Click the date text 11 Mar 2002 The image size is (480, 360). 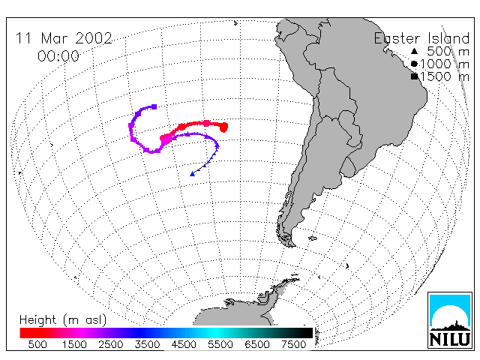[x=64, y=38]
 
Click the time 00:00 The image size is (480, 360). [x=58, y=56]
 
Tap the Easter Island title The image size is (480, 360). [x=421, y=38]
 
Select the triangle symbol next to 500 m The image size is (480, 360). [x=414, y=51]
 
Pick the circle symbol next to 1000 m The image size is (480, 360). [x=414, y=64]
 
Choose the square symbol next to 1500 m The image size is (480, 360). [x=414, y=76]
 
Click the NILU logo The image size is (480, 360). [x=450, y=320]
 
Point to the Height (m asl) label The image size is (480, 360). [x=63, y=320]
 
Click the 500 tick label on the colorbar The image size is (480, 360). [x=37, y=344]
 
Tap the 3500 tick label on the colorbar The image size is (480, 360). [x=147, y=344]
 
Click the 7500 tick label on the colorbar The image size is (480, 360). [x=293, y=344]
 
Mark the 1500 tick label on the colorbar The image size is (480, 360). [x=74, y=344]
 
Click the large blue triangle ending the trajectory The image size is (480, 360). [x=192, y=174]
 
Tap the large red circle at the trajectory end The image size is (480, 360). [x=223, y=127]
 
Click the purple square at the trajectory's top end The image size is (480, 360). [x=154, y=106]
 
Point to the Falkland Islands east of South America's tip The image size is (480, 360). [x=313, y=238]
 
